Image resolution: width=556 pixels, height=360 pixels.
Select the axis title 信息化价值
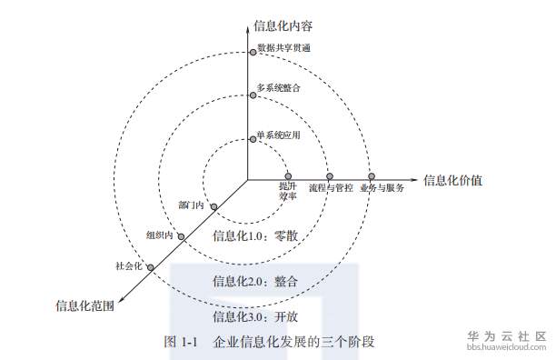click(x=452, y=179)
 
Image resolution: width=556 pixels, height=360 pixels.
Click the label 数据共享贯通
click(x=284, y=47)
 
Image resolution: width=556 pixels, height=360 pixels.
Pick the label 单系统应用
click(x=278, y=135)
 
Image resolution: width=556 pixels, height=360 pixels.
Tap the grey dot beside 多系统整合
click(x=252, y=94)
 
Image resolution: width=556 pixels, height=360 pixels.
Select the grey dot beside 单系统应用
click(x=253, y=140)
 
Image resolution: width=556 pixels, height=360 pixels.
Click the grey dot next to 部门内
click(x=213, y=207)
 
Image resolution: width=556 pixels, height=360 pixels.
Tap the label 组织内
click(x=159, y=235)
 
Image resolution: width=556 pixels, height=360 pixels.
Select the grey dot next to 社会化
click(x=150, y=267)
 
